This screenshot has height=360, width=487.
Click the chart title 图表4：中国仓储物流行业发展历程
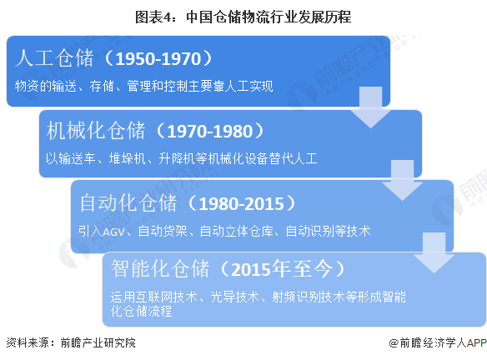click(x=243, y=17)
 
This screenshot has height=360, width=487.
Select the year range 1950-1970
click(x=158, y=58)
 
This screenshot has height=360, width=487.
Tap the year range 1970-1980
click(x=210, y=131)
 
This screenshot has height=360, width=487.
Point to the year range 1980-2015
click(x=241, y=203)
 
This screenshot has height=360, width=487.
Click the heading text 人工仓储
click(x=54, y=58)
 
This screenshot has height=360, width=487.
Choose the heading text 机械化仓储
click(x=96, y=130)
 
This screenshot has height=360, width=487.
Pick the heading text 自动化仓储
click(x=128, y=203)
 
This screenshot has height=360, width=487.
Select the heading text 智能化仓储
click(x=160, y=268)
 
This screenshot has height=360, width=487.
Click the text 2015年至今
click(x=282, y=269)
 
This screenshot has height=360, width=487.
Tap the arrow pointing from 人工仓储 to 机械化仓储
click(x=370, y=107)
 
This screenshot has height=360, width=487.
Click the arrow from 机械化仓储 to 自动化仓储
click(x=402, y=180)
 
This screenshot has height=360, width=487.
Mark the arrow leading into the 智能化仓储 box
click(x=434, y=253)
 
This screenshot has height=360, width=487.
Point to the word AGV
click(x=113, y=232)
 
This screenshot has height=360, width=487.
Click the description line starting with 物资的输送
click(x=144, y=86)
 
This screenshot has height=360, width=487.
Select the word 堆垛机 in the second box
click(x=128, y=158)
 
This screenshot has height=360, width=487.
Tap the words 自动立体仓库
click(x=236, y=231)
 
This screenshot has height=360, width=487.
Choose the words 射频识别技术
click(x=309, y=297)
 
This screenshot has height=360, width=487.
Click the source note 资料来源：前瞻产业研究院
click(x=71, y=342)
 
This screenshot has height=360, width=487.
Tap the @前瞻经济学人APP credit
click(x=438, y=343)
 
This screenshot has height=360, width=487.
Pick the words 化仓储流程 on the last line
click(x=141, y=311)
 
